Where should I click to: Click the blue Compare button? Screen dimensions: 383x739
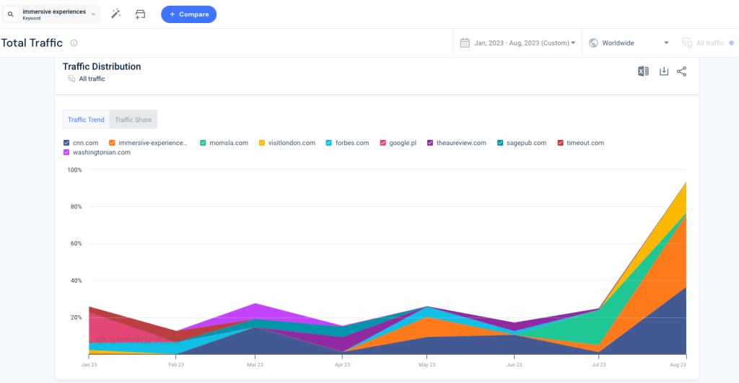pos(188,14)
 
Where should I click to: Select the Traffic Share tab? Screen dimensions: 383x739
pos(134,120)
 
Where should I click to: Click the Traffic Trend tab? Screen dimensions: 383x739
pos(86,120)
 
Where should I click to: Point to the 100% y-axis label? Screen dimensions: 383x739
pos(75,170)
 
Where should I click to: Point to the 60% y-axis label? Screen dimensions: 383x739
pos(75,244)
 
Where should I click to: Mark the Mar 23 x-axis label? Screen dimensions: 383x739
pos(255,365)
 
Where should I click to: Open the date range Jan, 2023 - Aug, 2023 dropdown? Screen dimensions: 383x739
pos(518,43)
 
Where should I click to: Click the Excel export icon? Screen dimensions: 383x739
pos(643,71)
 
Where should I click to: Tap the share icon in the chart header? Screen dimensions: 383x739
pos(682,71)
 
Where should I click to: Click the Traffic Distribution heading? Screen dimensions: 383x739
pos(102,66)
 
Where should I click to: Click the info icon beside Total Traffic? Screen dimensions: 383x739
pos(74,43)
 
